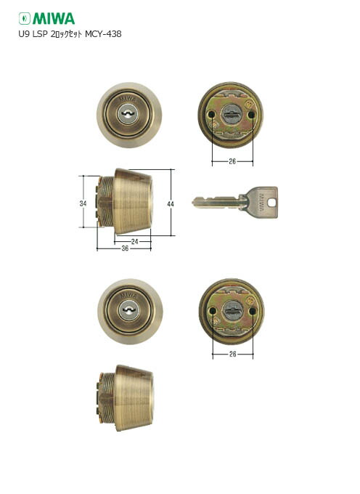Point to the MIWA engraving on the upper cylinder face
click(x=129, y=97)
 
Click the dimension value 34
click(x=83, y=204)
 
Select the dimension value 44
click(x=170, y=205)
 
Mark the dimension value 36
click(x=124, y=248)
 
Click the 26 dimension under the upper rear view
click(x=231, y=162)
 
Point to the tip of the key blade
click(x=195, y=203)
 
